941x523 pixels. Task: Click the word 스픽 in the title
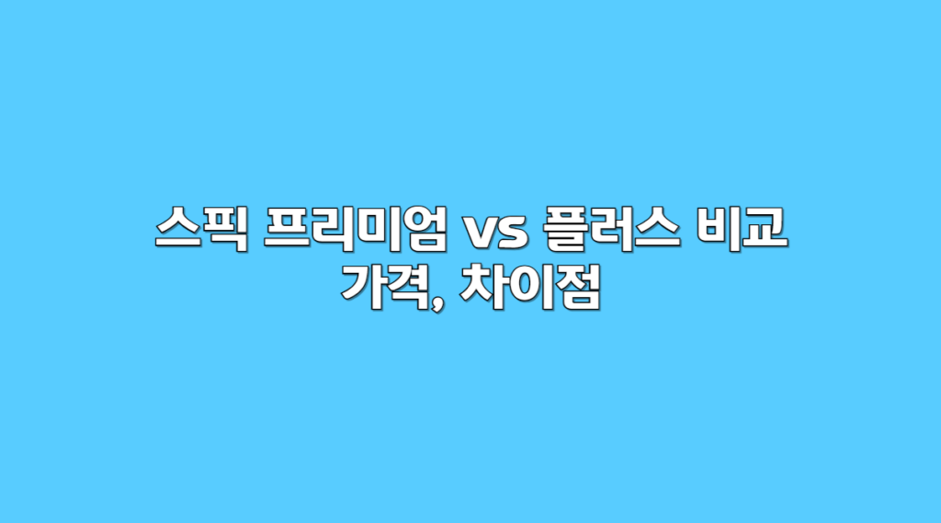point(201,228)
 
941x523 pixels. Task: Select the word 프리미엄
point(356,228)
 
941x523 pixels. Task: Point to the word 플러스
point(611,228)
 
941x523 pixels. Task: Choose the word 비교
point(742,228)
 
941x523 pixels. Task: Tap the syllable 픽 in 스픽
point(226,228)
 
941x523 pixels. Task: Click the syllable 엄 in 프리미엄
point(425,228)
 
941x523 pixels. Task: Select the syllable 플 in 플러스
point(565,228)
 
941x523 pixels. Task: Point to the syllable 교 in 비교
point(765,228)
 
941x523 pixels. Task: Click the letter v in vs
point(479,233)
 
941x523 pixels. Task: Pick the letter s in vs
point(513,233)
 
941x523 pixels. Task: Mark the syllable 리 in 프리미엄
point(333,228)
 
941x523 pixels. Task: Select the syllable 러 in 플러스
point(611,228)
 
